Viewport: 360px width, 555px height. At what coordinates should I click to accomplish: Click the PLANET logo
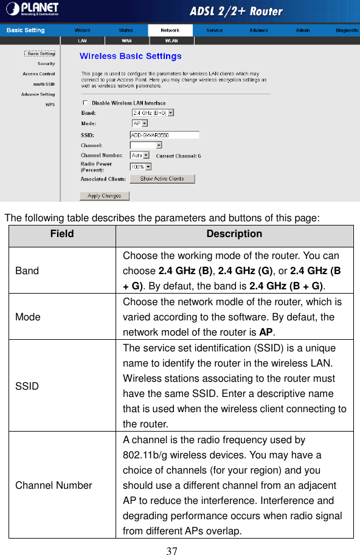point(32,9)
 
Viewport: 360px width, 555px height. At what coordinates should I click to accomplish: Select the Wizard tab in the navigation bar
point(83,30)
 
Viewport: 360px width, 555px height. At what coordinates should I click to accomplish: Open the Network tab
point(170,30)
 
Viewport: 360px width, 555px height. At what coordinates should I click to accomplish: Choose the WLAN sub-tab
point(171,41)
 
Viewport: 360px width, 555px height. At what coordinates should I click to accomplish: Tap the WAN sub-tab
point(127,41)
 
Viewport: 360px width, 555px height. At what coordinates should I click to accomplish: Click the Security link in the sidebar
point(46,63)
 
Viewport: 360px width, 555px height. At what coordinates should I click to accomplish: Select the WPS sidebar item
point(50,105)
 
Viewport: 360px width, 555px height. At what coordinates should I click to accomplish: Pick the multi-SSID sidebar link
point(44,84)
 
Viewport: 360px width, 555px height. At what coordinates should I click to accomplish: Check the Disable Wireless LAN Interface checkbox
point(85,103)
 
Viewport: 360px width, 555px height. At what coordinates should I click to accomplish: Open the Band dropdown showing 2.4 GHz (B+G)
point(153,112)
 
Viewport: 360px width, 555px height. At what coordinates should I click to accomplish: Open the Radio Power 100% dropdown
point(140,166)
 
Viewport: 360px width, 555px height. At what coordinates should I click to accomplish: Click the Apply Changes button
point(105,196)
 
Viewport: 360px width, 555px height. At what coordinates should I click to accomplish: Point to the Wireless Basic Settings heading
point(131,57)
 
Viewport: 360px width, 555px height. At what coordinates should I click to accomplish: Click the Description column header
point(234,234)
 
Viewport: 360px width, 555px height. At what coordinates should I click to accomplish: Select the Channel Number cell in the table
point(54,485)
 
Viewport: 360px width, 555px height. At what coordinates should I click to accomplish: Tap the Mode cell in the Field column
point(28,317)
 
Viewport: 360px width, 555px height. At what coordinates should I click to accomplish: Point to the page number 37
point(172,551)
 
